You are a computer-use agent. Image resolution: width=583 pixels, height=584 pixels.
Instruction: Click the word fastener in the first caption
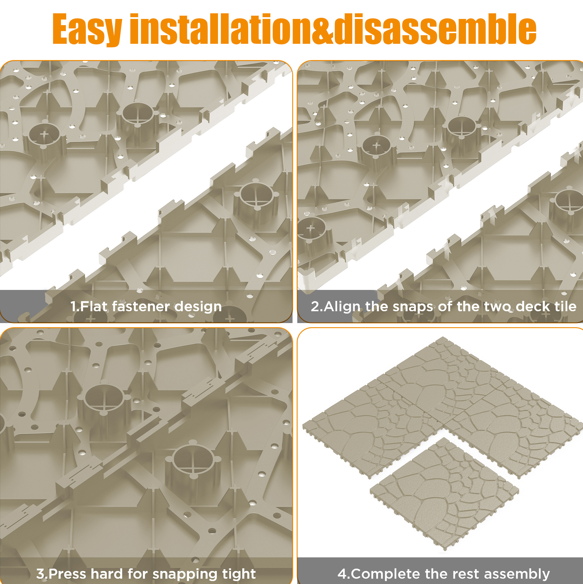point(141,306)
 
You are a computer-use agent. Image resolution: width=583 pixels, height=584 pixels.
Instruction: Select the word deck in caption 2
point(534,306)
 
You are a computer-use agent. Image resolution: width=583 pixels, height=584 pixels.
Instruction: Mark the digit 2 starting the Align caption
point(315,306)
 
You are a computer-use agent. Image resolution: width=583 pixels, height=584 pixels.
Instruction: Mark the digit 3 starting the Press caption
point(41,573)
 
